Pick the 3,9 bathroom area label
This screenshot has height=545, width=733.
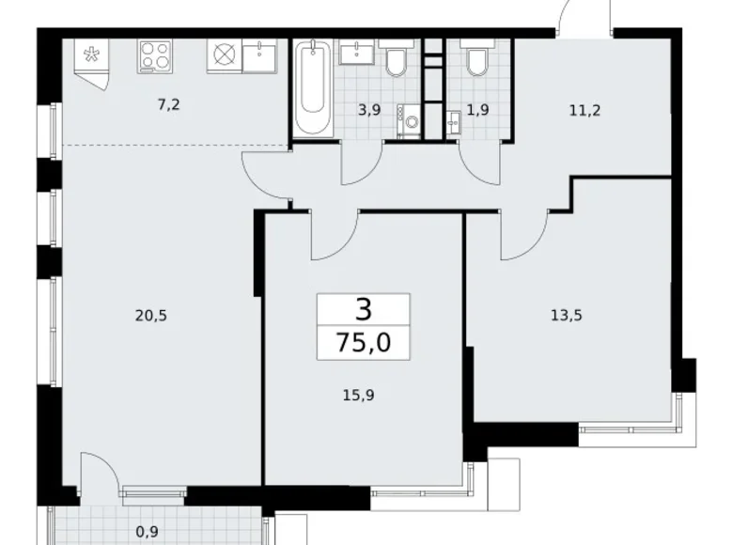point(368,110)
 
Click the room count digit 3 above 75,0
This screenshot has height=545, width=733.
point(363,308)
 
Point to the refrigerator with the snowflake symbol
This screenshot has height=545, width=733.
point(92,58)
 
